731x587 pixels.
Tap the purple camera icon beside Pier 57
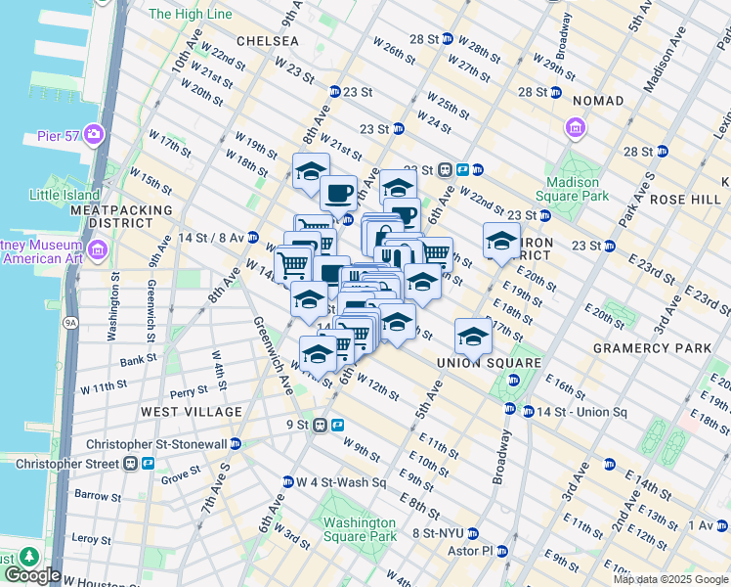(x=95, y=133)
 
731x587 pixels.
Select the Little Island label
(x=64, y=195)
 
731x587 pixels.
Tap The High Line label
(x=190, y=15)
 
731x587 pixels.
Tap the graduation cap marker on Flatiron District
(x=501, y=241)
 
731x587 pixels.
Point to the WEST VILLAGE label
(x=190, y=412)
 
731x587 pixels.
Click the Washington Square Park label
(x=360, y=528)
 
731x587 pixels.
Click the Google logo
(x=32, y=575)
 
